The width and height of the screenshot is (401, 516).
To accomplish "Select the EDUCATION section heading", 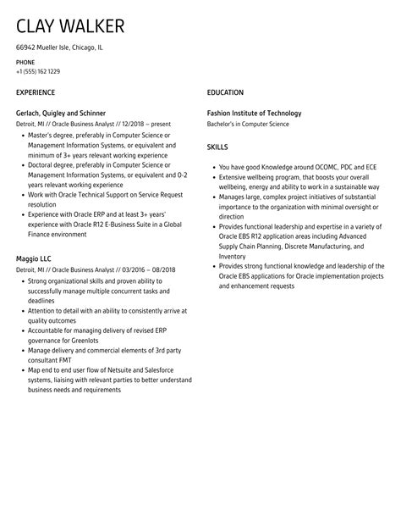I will tap(225, 92).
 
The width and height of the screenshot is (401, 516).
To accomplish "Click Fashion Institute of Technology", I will tap(254, 113).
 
